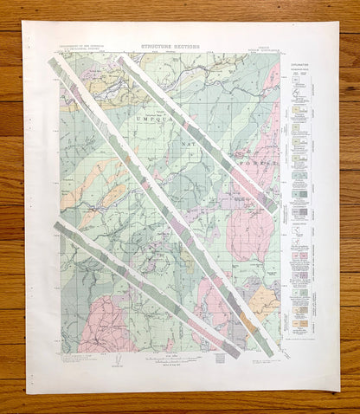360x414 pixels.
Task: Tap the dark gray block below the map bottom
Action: point(228,353)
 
